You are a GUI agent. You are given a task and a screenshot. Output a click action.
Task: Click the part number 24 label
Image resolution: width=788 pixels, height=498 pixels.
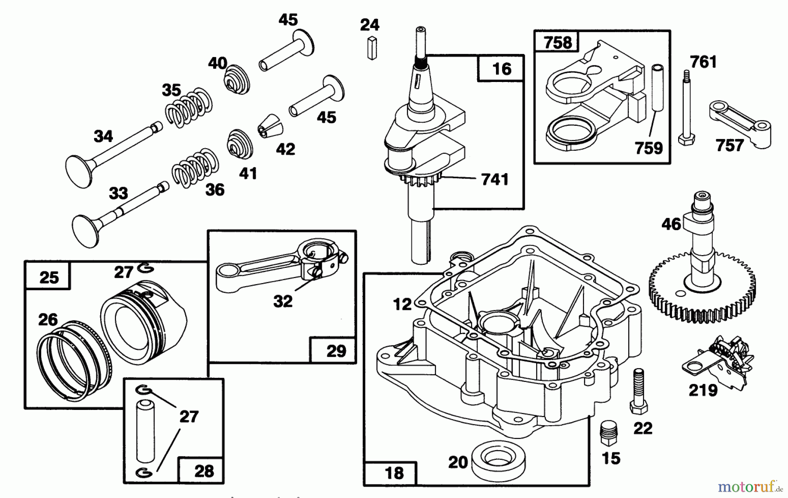point(369,25)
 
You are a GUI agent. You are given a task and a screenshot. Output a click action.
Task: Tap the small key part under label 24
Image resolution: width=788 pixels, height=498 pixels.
point(372,48)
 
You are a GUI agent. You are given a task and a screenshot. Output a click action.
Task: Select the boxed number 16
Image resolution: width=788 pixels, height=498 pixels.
point(501,69)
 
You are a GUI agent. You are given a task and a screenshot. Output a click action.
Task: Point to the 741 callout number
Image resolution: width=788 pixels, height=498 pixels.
point(495,179)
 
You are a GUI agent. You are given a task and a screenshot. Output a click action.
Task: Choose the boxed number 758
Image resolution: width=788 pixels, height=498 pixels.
point(557,43)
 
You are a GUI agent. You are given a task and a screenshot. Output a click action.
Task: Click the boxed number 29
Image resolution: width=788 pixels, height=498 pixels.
point(336,351)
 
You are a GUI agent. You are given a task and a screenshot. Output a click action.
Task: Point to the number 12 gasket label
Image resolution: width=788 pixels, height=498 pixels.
point(402,304)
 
